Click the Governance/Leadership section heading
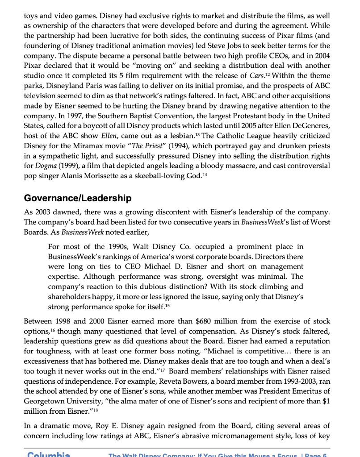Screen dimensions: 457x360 [x=77, y=198]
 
